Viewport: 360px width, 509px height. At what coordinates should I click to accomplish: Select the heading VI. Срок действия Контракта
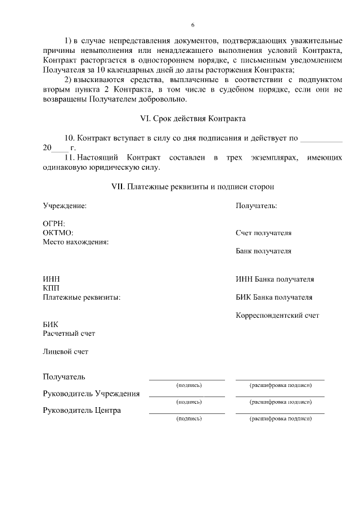192,119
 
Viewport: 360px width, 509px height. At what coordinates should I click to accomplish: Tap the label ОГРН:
54,224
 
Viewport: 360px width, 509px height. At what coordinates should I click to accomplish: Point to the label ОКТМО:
58,233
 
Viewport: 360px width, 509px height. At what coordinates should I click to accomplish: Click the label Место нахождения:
75,242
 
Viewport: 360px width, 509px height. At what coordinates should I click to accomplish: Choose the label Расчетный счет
69,334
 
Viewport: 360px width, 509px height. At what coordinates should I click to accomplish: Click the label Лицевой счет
65,352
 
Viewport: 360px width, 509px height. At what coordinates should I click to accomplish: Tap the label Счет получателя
263,233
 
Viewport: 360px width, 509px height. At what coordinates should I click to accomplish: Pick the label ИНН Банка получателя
274,279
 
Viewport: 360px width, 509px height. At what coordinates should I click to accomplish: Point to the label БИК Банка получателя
274,297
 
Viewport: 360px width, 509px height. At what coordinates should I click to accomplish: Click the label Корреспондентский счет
277,316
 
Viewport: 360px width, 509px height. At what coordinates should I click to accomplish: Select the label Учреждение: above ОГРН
65,206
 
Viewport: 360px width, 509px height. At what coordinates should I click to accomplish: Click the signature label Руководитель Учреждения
91,394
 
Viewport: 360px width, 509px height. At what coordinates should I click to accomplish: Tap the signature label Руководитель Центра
82,411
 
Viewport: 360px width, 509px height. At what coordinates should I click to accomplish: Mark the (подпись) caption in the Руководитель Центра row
188,419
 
